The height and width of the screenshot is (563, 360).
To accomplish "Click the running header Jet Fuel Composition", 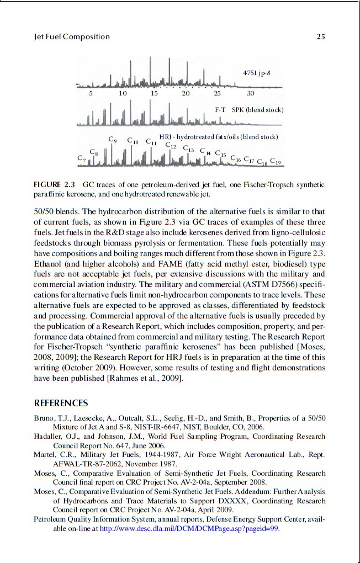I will tap(72, 37).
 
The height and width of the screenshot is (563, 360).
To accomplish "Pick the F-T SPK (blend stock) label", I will tap(249, 110).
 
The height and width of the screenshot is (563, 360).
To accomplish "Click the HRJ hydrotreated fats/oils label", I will tap(218, 136).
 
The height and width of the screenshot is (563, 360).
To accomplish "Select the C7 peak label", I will tap(82, 159).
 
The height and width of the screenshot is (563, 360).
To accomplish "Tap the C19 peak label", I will tap(276, 162).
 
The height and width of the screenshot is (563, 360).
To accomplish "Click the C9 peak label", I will tap(113, 140).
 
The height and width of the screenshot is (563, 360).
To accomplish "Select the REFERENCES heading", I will tap(61, 403).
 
